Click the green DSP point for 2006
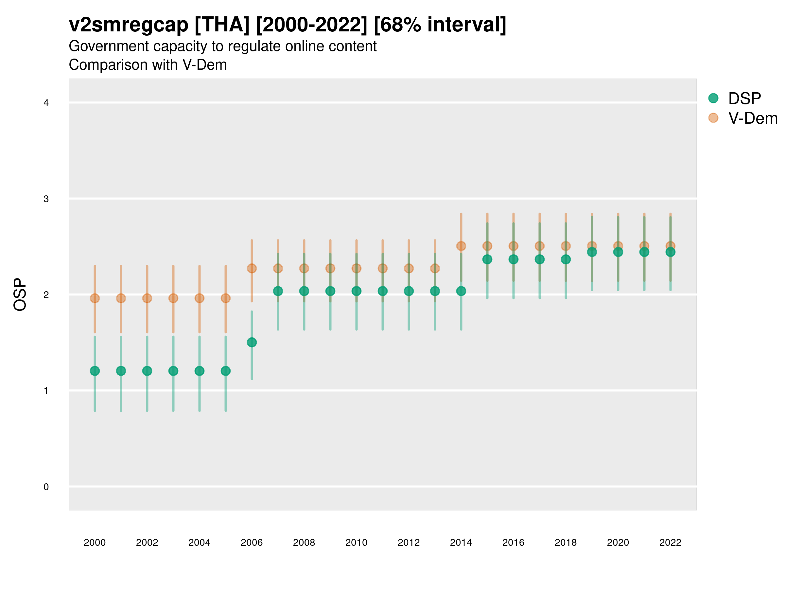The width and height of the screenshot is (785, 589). click(252, 342)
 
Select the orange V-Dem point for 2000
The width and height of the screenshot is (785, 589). click(95, 298)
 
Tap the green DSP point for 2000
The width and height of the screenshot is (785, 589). click(95, 371)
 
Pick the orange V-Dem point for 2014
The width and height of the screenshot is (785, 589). click(461, 246)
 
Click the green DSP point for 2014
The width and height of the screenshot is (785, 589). click(461, 291)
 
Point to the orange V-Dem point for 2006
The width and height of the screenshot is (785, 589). click(252, 268)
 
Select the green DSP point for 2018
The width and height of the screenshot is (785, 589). click(566, 259)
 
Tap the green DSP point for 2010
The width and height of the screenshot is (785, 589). click(356, 291)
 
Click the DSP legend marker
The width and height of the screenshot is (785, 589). click(713, 98)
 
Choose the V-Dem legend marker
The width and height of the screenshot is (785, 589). click(713, 118)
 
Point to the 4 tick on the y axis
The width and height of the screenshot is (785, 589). click(46, 103)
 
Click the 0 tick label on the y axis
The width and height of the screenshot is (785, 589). click(46, 487)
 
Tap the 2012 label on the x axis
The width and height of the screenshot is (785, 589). click(409, 543)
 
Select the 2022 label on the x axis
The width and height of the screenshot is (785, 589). click(670, 543)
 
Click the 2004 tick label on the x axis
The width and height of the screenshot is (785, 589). click(199, 543)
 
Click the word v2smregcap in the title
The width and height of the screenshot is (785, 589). click(129, 25)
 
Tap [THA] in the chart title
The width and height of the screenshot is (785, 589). click(222, 25)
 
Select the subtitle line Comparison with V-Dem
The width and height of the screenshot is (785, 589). click(148, 65)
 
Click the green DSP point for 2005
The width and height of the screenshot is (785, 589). click(225, 371)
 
